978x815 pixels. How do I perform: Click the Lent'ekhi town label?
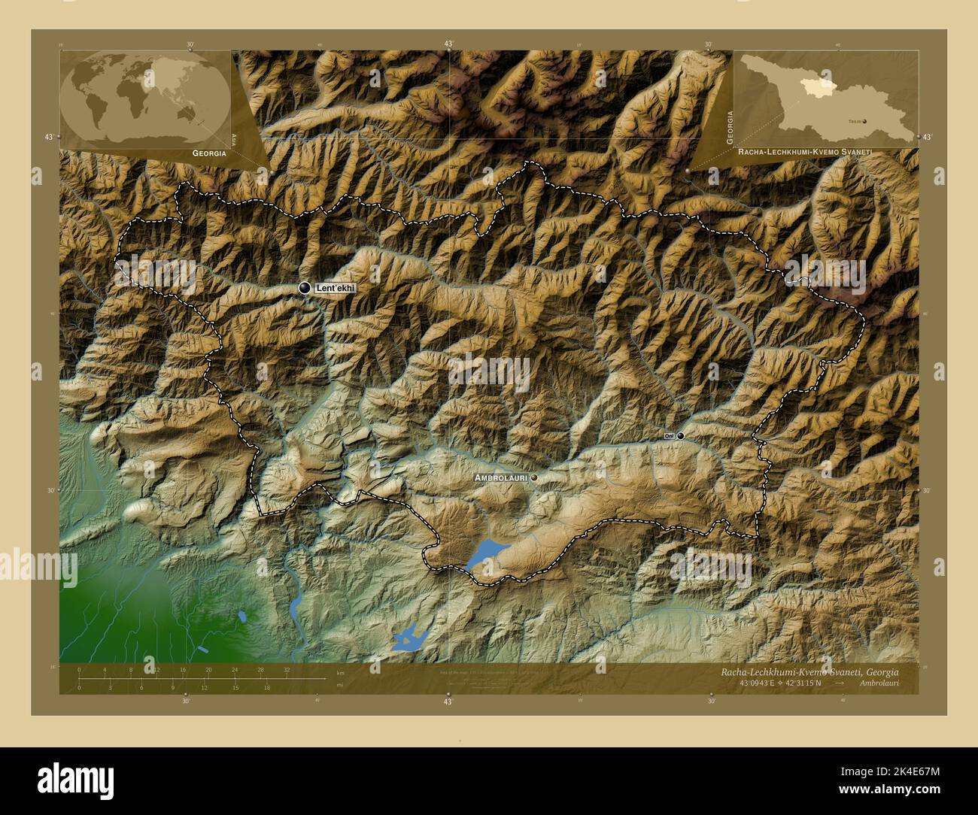(x=335, y=288)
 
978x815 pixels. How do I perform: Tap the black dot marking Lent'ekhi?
(x=305, y=288)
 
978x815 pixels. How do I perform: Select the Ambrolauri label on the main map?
(x=500, y=477)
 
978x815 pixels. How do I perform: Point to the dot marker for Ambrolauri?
(x=534, y=477)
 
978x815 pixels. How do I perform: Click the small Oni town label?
(x=669, y=436)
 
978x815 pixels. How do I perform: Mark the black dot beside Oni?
(x=680, y=435)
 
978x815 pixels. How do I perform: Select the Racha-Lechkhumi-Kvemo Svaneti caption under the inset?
(x=804, y=152)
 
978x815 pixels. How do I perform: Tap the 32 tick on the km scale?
(x=287, y=669)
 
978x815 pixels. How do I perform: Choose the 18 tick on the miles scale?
(x=267, y=686)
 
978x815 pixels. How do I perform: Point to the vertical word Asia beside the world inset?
(x=235, y=140)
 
